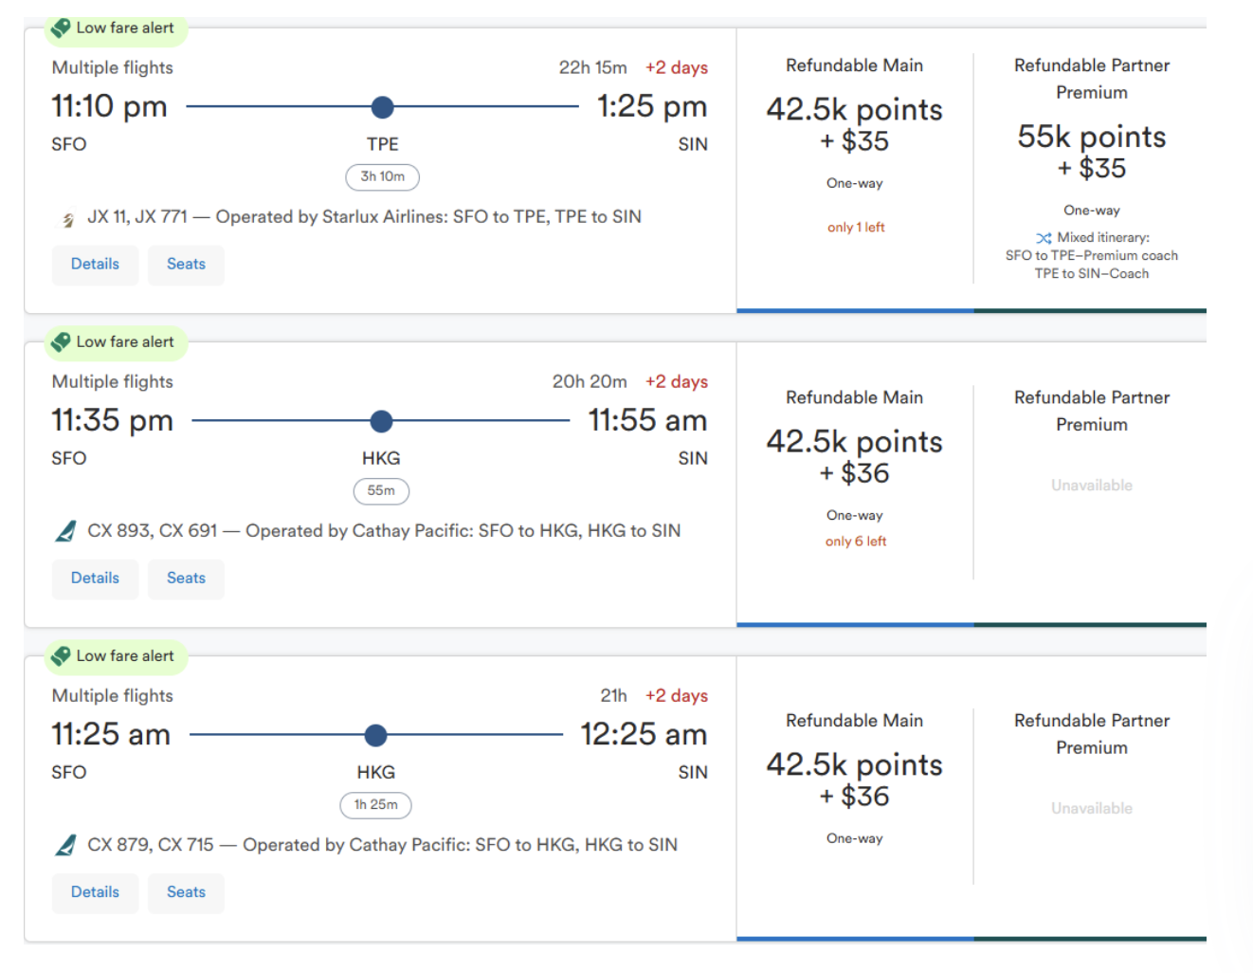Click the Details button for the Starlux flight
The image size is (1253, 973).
[95, 265]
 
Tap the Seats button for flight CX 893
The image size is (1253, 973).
[186, 578]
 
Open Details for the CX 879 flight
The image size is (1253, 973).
[95, 892]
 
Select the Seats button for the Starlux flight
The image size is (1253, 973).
[186, 265]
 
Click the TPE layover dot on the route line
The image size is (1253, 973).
[382, 107]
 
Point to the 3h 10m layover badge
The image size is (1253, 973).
[382, 177]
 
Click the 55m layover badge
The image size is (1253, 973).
[381, 491]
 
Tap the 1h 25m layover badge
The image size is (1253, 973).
[375, 805]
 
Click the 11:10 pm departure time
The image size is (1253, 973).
[109, 106]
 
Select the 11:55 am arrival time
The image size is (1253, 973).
[647, 420]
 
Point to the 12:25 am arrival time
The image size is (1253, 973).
[644, 734]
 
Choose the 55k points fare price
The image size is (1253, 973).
[1092, 138]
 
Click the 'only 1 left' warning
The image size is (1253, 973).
[856, 228]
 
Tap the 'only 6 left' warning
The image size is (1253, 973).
[856, 542]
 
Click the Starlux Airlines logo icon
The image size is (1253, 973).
[67, 219]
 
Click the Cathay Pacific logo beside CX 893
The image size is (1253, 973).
[65, 532]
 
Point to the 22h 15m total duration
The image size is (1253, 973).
[592, 67]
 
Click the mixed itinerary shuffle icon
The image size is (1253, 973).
[1044, 238]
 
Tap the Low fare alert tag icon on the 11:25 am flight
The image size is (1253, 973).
[62, 656]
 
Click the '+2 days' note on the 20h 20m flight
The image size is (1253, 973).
[677, 381]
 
